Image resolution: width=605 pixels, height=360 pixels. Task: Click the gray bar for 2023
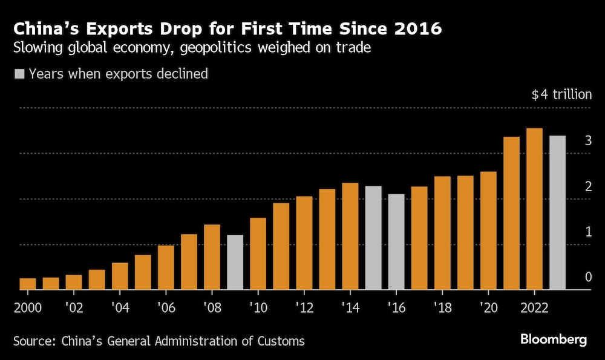click(557, 213)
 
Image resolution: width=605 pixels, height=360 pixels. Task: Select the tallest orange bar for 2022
click(534, 209)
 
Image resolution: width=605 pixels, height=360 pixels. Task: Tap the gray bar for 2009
click(235, 263)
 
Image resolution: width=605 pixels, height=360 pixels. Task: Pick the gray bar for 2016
click(396, 242)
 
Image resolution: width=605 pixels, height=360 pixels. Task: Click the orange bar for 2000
click(28, 284)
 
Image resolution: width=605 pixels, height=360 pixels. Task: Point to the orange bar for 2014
click(350, 237)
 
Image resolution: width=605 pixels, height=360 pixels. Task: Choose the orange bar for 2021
click(511, 214)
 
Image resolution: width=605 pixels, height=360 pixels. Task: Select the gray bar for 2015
click(373, 238)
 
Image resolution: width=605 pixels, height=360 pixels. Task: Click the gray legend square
click(19, 74)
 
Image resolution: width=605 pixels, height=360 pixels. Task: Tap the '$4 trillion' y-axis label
click(561, 95)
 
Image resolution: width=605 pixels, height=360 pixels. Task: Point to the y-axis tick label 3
click(587, 141)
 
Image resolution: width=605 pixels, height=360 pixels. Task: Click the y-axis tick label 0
click(587, 277)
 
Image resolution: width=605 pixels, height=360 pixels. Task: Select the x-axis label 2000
click(28, 307)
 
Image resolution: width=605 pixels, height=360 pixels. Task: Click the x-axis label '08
click(212, 307)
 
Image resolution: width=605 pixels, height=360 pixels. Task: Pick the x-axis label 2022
click(534, 307)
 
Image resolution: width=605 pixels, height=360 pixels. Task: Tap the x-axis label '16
click(396, 307)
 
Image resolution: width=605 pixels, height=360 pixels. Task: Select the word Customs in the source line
click(283, 341)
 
